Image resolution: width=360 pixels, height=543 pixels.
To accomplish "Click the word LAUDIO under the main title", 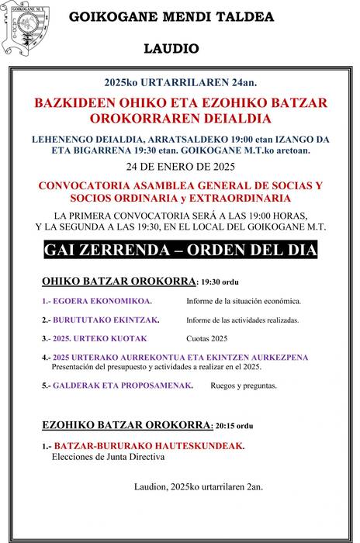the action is tap(171, 48).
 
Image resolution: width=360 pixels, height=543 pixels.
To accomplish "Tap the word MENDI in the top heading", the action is tap(161, 16).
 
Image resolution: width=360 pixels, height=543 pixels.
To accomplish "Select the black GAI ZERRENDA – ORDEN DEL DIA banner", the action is tap(181, 251).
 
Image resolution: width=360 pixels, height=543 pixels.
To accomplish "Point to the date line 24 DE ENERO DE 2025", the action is tap(180, 166).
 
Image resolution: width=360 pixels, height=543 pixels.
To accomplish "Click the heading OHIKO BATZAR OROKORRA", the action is tap(116, 282).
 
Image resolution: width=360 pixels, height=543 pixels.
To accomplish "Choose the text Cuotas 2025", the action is tap(207, 338).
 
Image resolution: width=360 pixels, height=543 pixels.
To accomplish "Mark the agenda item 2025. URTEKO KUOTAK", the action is tap(98, 338).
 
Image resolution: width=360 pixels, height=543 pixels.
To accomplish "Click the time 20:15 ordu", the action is tap(234, 426).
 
